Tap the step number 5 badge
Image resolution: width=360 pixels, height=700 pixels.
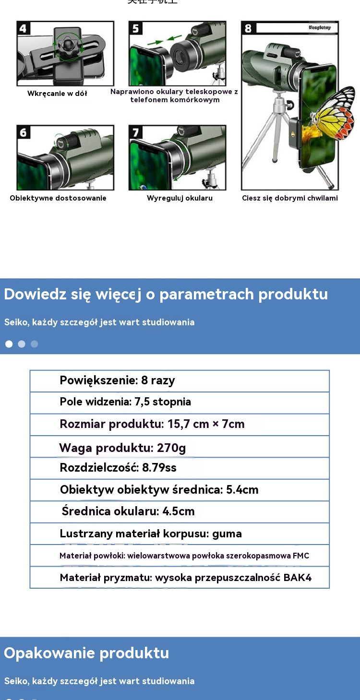tap(136, 28)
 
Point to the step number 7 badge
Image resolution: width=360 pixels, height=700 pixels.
tap(136, 132)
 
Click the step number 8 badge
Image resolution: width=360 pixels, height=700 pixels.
tap(248, 28)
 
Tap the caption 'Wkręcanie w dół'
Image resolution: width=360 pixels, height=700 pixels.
tap(57, 94)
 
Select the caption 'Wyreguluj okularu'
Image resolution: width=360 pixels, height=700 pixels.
tap(180, 198)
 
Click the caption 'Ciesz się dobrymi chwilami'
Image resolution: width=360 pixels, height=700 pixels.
tap(289, 198)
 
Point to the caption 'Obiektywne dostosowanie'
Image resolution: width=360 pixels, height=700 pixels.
tap(58, 198)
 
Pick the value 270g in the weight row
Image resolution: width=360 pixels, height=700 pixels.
tap(171, 448)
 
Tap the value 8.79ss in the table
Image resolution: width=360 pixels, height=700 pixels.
tap(159, 468)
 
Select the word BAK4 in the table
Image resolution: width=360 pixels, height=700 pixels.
tap(298, 578)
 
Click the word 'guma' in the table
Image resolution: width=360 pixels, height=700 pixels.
tap(227, 534)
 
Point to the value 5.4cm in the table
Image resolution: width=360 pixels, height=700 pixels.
tap(242, 490)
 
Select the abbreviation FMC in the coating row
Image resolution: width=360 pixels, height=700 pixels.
tap(301, 556)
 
